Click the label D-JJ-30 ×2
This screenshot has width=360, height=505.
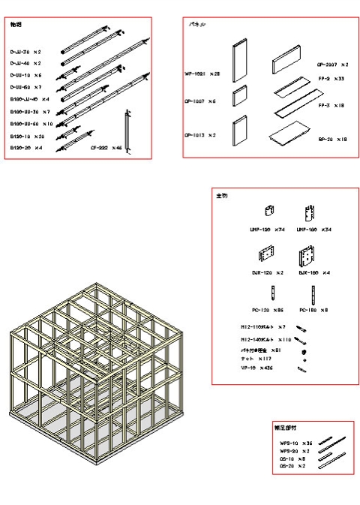click(25, 53)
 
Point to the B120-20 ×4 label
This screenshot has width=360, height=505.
click(26, 148)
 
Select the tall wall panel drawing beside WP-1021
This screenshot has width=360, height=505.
click(238, 61)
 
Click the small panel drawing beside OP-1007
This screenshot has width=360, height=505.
click(239, 96)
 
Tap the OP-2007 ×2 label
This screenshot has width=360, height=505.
click(332, 65)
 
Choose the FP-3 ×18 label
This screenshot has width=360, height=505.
click(331, 106)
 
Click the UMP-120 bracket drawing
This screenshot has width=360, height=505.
click(268, 212)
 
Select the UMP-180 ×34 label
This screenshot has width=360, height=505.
click(313, 230)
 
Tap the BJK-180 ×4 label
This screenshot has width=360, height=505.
click(313, 272)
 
